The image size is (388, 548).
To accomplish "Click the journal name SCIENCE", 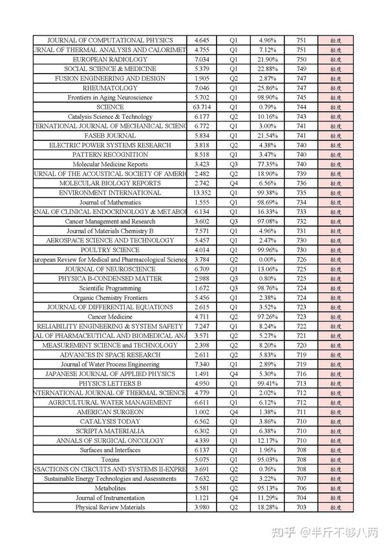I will click(x=109, y=107).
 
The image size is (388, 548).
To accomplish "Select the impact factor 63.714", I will click(x=202, y=107).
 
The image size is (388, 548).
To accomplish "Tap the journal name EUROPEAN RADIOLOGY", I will click(x=110, y=59).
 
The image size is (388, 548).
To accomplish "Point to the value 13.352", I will click(x=202, y=193).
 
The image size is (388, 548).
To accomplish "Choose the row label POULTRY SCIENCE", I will click(x=110, y=250).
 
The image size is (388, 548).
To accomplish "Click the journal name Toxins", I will click(x=110, y=460).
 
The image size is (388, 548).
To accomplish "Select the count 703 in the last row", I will click(x=301, y=508).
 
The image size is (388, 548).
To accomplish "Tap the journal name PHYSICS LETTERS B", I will click(x=110, y=384).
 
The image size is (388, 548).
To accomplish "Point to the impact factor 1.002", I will click(x=202, y=412).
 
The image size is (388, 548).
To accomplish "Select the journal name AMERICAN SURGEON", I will click(x=110, y=412).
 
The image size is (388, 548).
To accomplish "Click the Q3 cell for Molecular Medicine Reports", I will click(x=233, y=165).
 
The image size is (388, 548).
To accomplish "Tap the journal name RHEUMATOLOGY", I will click(x=110, y=88).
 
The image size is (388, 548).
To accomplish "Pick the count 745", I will click(x=301, y=98).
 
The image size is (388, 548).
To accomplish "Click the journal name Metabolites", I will click(x=110, y=489).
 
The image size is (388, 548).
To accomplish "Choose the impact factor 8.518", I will click(x=202, y=155).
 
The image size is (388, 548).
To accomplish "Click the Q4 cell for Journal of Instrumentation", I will click(x=233, y=498).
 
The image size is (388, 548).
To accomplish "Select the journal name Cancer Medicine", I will click(x=110, y=317).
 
